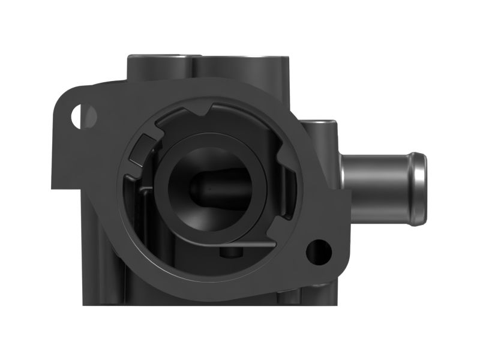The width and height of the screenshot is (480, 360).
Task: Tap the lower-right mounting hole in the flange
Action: click(318, 251)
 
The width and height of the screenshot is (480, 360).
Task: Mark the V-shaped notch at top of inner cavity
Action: click(204, 112)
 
